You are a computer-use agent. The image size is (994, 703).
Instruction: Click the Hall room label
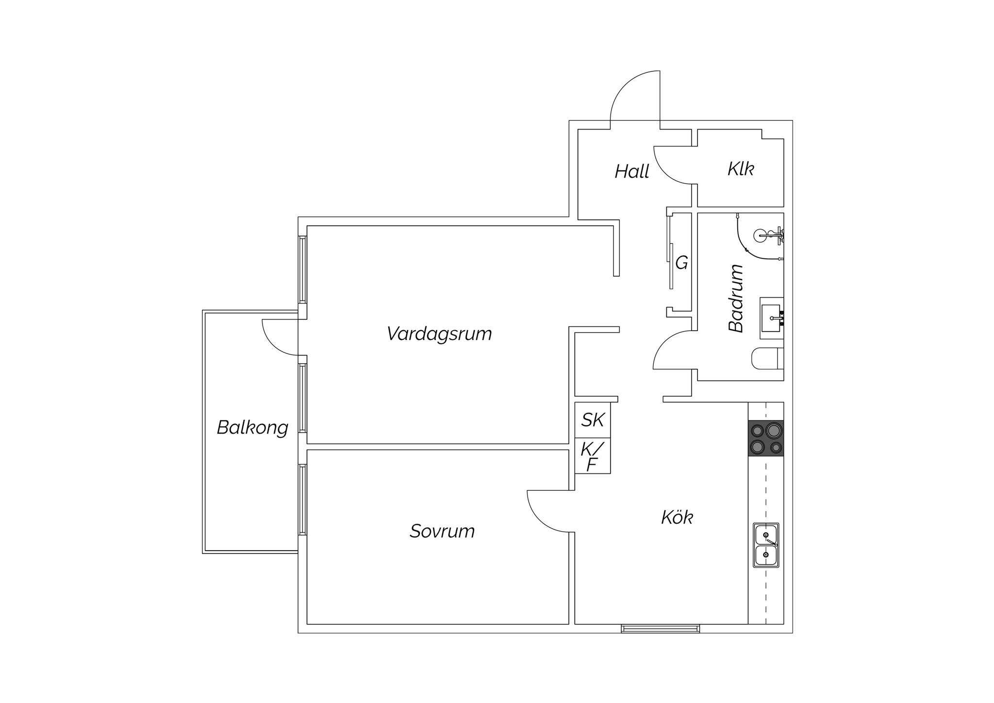[632, 171]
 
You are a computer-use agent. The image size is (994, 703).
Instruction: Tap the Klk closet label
[741, 168]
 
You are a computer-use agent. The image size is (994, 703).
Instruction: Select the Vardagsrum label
[439, 334]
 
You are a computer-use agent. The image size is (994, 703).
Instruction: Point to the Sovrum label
[442, 531]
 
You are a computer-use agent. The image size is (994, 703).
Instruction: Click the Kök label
[677, 517]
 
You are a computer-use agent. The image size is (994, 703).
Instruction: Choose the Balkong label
[252, 428]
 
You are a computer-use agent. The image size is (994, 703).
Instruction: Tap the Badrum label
[736, 298]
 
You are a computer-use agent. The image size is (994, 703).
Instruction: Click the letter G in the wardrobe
[682, 263]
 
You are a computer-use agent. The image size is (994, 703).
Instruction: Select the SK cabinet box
[593, 420]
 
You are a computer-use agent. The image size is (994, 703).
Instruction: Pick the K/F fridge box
[593, 456]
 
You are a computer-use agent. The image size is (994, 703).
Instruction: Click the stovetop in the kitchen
[766, 438]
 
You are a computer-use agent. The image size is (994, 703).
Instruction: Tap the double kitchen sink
[766, 545]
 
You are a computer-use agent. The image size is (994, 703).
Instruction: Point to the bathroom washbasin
[772, 318]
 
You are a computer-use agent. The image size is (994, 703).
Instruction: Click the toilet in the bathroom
[767, 359]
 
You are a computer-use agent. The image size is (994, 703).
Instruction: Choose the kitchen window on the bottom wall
[661, 629]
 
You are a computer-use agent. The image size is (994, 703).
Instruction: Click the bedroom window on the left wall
[303, 500]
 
